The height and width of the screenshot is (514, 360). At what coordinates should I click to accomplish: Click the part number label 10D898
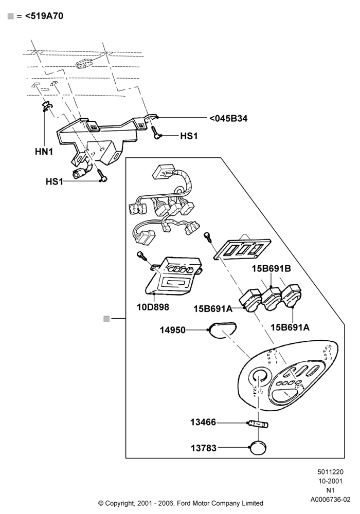point(153,307)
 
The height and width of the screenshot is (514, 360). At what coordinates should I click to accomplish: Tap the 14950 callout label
point(172,330)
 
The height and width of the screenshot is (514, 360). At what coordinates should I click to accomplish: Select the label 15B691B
point(271,268)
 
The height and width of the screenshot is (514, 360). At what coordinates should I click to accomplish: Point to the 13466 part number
point(203,422)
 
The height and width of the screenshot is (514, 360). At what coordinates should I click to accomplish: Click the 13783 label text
point(204,448)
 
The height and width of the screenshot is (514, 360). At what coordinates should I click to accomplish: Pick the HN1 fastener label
point(44,152)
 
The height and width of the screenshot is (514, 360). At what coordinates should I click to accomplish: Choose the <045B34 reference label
point(228,118)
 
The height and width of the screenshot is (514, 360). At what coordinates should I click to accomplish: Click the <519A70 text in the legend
point(44,16)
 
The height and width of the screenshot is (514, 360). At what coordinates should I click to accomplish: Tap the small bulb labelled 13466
point(258,424)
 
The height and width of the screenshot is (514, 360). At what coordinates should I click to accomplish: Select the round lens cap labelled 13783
point(258,448)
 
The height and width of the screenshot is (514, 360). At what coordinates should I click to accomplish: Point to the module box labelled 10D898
point(173,274)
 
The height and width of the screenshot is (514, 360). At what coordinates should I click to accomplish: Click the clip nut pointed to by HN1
point(47,105)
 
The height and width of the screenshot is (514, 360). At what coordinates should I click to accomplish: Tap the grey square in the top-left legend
point(10,16)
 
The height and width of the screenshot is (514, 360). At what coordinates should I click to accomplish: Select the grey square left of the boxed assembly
point(106,319)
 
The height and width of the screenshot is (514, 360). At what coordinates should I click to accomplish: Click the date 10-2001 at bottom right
point(330,481)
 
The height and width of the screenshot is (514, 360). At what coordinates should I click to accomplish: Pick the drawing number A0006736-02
point(330,500)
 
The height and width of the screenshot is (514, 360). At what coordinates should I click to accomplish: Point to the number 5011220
point(330,472)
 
